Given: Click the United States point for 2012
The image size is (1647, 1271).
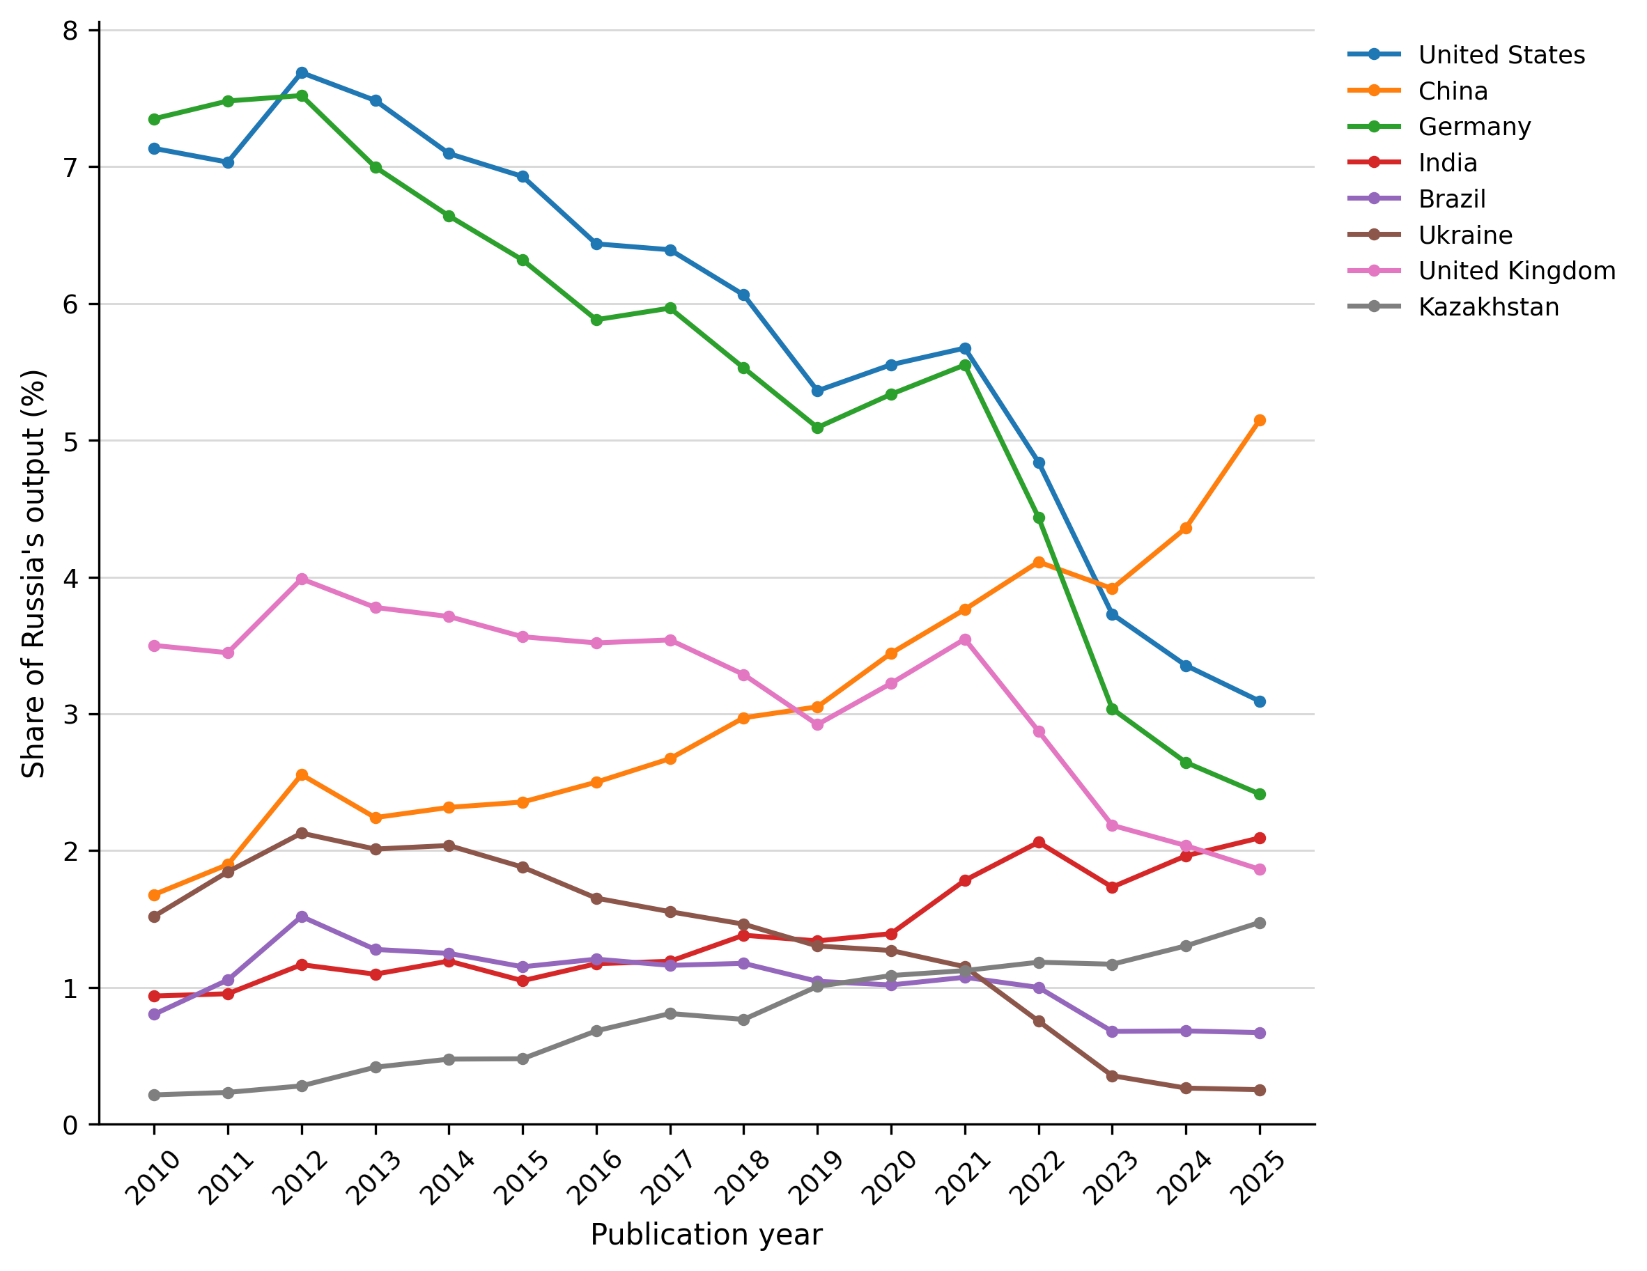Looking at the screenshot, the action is (x=302, y=73).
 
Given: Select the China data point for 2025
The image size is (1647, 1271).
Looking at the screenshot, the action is (x=1260, y=421).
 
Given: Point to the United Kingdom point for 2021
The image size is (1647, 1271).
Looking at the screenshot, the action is (x=965, y=639).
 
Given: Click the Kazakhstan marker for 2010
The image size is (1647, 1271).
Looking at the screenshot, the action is (x=155, y=1095).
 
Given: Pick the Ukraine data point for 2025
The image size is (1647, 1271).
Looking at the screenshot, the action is (x=1260, y=1090).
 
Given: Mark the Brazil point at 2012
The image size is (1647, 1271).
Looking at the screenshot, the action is (x=302, y=917).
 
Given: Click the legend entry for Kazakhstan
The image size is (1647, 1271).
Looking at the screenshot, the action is (x=1453, y=307).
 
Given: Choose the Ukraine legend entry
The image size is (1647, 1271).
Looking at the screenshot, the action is (x=1430, y=235).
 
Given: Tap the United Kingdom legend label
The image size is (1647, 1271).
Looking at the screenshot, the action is (x=1517, y=271).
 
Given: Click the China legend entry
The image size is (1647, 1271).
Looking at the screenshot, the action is (x=1418, y=91).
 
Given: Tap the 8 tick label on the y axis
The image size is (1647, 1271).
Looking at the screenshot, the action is (x=71, y=31).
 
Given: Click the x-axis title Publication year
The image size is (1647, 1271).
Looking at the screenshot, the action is (x=706, y=1235).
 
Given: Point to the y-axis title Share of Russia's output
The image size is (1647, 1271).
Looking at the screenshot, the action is (x=33, y=574).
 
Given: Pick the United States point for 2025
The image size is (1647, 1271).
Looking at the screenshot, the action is (x=1260, y=701).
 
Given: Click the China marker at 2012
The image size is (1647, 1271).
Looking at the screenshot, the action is (x=302, y=774).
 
